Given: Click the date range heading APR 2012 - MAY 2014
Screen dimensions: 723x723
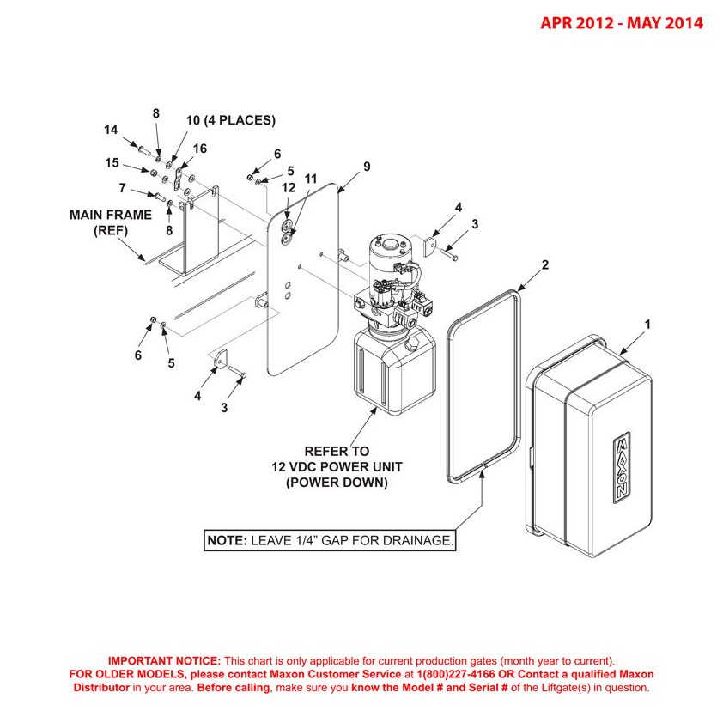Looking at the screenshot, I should coord(621,23).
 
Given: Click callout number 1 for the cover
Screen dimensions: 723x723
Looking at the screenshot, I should coord(647,325).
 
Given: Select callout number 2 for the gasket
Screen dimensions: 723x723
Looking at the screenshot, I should coord(544,265).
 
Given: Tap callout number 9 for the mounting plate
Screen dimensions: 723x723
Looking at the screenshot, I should coord(367,167).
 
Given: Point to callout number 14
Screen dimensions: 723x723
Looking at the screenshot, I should coord(111,130).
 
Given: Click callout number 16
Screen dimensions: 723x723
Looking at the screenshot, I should coord(199,149).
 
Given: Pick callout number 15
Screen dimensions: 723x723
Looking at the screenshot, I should coord(111,162).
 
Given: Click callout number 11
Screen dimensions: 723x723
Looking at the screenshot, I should coord(311,179).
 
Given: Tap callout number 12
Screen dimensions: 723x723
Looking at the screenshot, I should coord(288,186).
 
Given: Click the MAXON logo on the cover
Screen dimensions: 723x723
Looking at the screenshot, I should coord(620,468).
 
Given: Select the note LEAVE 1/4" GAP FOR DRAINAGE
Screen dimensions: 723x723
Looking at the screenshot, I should coord(329,541).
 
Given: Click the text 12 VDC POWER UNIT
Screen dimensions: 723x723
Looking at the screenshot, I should coord(337,466).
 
